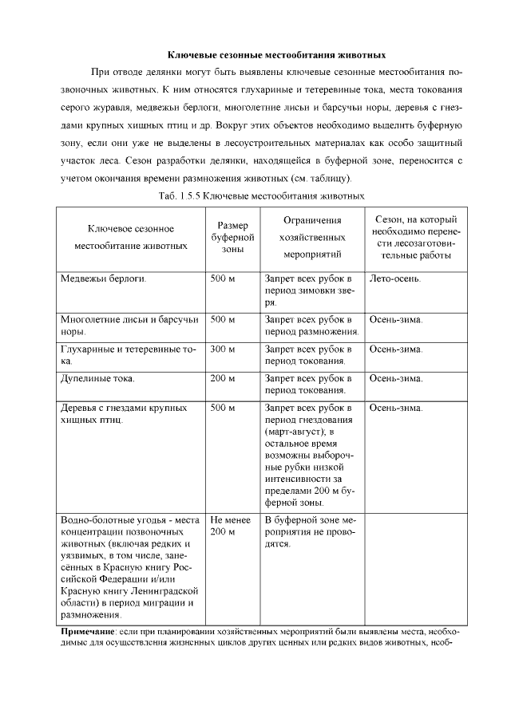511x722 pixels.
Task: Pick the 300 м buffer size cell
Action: (223, 349)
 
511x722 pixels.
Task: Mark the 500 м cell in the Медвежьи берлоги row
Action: (223, 279)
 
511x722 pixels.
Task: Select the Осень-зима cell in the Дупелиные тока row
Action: (396, 378)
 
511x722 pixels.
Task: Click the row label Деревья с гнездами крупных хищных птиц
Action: (124, 413)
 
